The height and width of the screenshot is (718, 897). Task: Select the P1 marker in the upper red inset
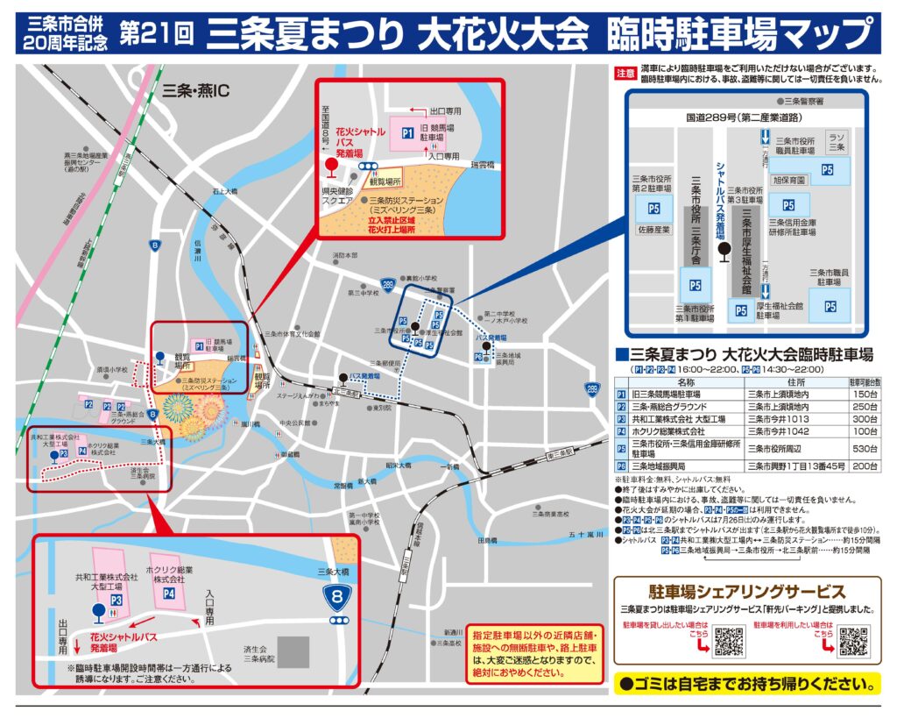407,132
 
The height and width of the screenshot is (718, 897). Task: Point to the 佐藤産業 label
653,230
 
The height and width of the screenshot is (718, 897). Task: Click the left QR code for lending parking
728,641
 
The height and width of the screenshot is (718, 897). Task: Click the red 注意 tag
625,74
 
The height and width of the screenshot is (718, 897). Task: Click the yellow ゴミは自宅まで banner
747,683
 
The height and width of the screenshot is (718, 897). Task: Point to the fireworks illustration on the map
188,412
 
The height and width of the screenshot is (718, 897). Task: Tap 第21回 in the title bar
155,34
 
